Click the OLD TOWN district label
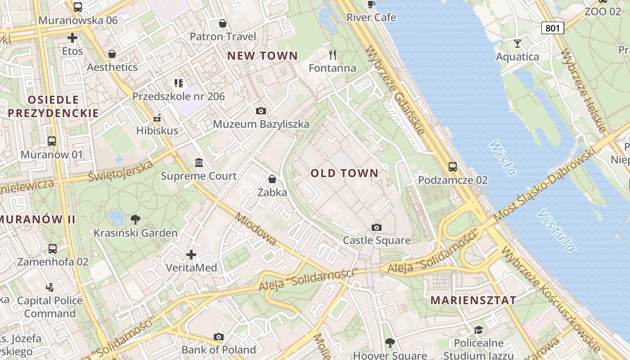pyautogui.click(x=344, y=173)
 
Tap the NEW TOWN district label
pyautogui.click(x=262, y=56)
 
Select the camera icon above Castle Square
pyautogui.click(x=377, y=228)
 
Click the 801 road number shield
pyautogui.click(x=552, y=28)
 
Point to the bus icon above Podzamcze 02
pyautogui.click(x=453, y=167)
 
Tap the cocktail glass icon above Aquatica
pyautogui.click(x=517, y=44)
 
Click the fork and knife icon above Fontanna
pyautogui.click(x=333, y=55)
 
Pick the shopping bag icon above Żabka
pyautogui.click(x=272, y=179)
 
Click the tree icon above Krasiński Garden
pyautogui.click(x=135, y=220)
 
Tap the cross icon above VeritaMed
pyautogui.click(x=191, y=255)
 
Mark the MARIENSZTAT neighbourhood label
pyautogui.click(x=473, y=300)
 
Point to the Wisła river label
pyautogui.click(x=502, y=157)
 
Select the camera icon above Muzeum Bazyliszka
pyautogui.click(x=261, y=111)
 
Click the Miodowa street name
pyautogui.click(x=255, y=229)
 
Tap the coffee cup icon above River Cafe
pyautogui.click(x=371, y=4)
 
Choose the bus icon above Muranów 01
pyautogui.click(x=52, y=141)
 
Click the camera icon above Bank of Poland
pyautogui.click(x=219, y=337)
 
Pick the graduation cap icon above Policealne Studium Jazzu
pyautogui.click(x=478, y=330)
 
